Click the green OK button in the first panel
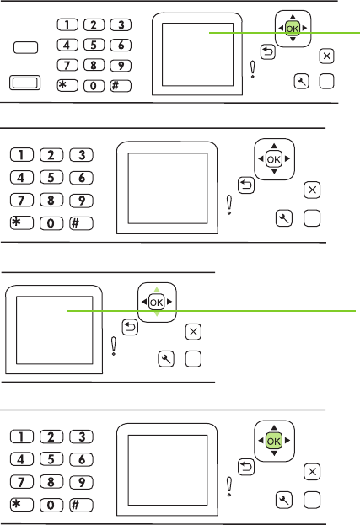pos(292,29)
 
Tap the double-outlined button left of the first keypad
pos(24,83)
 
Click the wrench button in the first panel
pos(301,82)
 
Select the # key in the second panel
pos(82,223)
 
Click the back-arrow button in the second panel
pos(246,185)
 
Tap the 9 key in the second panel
pos(82,201)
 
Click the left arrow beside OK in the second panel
pos(261,159)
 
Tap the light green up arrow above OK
pos(157,289)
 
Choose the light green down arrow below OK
pos(157,314)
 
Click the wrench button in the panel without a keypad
pos(166,359)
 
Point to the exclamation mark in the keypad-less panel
pos(114,346)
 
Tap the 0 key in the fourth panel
pos(51,505)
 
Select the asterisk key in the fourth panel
pos(22,505)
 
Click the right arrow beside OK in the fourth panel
pos(287,441)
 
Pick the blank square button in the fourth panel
pos(312,501)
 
